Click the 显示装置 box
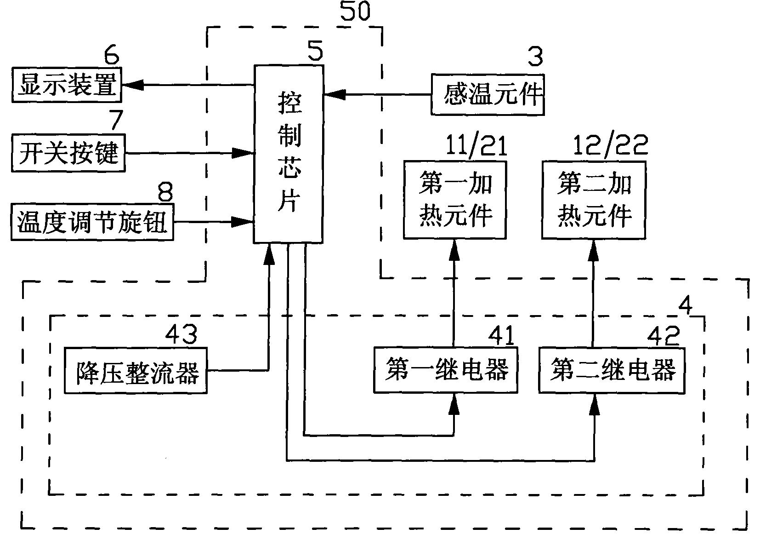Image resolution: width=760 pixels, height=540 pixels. click(x=66, y=85)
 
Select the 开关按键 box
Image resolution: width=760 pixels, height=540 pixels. click(x=68, y=153)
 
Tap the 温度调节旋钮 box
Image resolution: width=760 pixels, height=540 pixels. click(x=92, y=222)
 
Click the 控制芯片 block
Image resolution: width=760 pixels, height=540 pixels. click(x=289, y=154)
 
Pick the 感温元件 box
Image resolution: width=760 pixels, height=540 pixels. click(x=487, y=95)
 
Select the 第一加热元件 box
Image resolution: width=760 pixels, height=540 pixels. click(x=454, y=200)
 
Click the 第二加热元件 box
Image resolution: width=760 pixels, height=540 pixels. click(x=593, y=200)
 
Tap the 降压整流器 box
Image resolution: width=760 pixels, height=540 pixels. click(x=135, y=371)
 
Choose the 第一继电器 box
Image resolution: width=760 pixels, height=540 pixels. click(x=445, y=370)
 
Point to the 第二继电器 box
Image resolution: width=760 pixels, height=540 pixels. click(x=611, y=370)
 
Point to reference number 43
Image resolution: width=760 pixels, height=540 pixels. click(x=181, y=334)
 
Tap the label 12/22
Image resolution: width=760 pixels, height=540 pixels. click(x=610, y=146)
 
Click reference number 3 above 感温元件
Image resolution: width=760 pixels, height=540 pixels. click(x=534, y=57)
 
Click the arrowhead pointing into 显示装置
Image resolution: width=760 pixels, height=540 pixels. click(x=133, y=85)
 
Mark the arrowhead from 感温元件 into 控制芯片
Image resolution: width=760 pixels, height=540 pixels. click(x=335, y=95)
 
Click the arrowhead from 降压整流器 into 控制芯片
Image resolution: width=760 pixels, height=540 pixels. click(x=269, y=254)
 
